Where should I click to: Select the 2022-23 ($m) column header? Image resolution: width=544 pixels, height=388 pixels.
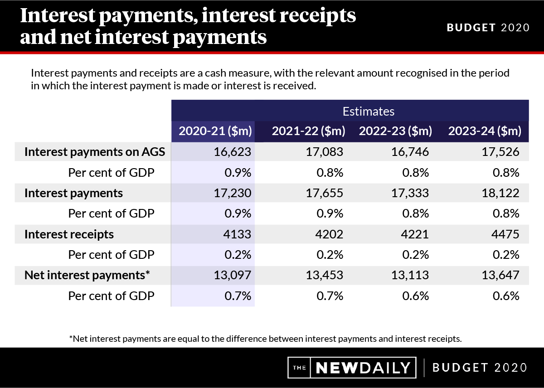tap(395, 131)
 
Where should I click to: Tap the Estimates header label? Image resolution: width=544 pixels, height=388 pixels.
tap(368, 111)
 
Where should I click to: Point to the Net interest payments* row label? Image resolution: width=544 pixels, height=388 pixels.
tap(87, 275)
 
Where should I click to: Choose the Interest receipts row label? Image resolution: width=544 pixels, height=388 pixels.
tap(69, 234)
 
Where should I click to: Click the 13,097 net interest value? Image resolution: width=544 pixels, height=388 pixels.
tap(233, 275)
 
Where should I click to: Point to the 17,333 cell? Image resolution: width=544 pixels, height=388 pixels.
tap(410, 193)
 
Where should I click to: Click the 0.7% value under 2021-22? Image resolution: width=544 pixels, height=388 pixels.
tap(330, 296)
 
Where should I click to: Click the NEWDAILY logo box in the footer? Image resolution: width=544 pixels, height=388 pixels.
tap(352, 368)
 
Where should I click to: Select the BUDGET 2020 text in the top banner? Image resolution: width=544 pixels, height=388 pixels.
tap(488, 27)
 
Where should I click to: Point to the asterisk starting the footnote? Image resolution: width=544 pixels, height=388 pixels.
tap(71, 338)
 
